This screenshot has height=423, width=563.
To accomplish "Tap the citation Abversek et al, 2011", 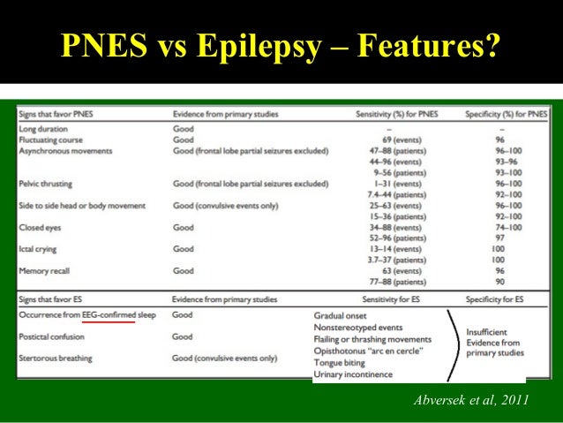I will tap(470, 401).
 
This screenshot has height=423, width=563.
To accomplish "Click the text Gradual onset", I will tap(342, 315).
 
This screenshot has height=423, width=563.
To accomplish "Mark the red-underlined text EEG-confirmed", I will tap(109, 314).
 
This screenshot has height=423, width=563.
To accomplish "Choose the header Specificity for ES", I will tap(495, 300).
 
